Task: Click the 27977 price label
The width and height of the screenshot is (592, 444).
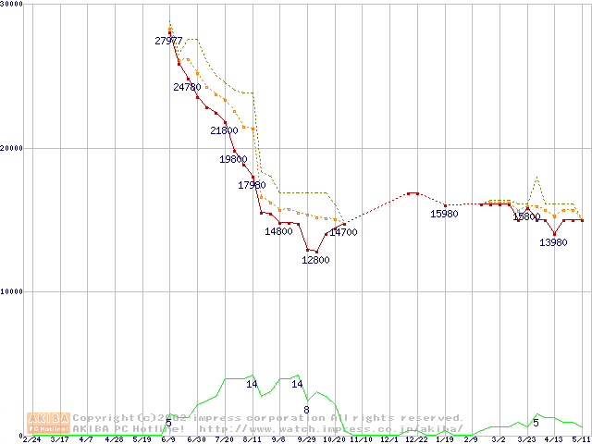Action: click(169, 41)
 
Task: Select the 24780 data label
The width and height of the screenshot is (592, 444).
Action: click(187, 87)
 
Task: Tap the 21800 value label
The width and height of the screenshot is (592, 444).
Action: click(224, 130)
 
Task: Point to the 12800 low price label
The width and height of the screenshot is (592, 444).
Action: click(315, 260)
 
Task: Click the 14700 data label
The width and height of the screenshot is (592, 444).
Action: click(343, 232)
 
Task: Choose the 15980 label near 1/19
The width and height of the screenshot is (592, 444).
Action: click(444, 214)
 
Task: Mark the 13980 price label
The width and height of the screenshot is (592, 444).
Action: click(553, 242)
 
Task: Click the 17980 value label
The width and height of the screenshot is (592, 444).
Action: click(252, 185)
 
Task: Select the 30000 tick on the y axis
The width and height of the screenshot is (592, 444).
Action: click(12, 5)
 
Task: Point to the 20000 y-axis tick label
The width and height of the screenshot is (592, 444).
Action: click(12, 148)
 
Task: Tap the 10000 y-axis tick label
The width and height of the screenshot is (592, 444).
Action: click(12, 291)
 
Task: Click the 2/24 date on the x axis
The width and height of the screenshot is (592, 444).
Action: click(31, 439)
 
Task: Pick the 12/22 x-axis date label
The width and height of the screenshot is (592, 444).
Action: click(416, 439)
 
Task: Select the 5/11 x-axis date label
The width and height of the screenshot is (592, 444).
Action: click(580, 439)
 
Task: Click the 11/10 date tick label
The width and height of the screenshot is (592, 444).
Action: click(362, 439)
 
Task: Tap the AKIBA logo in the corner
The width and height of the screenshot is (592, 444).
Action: click(48, 422)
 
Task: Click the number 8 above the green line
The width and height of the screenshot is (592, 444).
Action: click(306, 409)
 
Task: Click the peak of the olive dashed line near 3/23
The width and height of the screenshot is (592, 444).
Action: click(536, 176)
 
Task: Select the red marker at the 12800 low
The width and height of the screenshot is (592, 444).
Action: click(308, 250)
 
